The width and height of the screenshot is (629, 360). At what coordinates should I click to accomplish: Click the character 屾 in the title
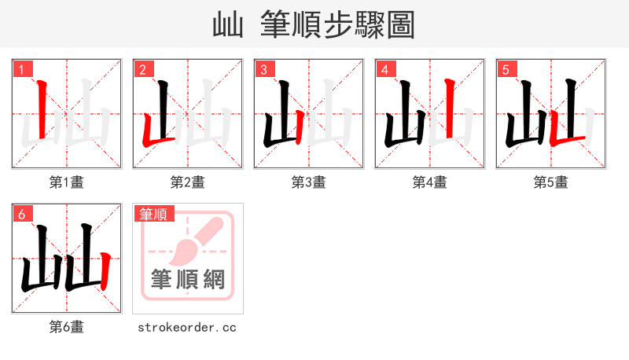(x=228, y=24)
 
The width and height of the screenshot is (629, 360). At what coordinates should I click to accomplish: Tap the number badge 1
(x=21, y=69)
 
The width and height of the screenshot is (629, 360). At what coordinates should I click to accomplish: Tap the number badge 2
(x=142, y=69)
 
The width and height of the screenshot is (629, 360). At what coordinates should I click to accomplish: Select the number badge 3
(x=263, y=69)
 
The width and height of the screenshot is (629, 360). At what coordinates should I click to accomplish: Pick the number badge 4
(x=384, y=69)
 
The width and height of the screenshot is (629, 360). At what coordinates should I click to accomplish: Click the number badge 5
(x=506, y=69)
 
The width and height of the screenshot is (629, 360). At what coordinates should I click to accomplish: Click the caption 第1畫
(x=66, y=182)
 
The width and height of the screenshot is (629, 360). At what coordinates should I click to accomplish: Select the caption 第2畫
(x=187, y=182)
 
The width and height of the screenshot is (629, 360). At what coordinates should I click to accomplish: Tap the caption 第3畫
(x=308, y=182)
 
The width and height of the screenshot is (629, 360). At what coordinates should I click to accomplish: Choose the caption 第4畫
(x=429, y=182)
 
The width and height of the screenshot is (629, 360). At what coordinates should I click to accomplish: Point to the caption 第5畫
(x=550, y=182)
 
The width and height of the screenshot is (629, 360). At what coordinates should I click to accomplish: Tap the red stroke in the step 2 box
(x=149, y=134)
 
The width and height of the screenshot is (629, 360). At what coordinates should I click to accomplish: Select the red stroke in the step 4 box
(x=449, y=110)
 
